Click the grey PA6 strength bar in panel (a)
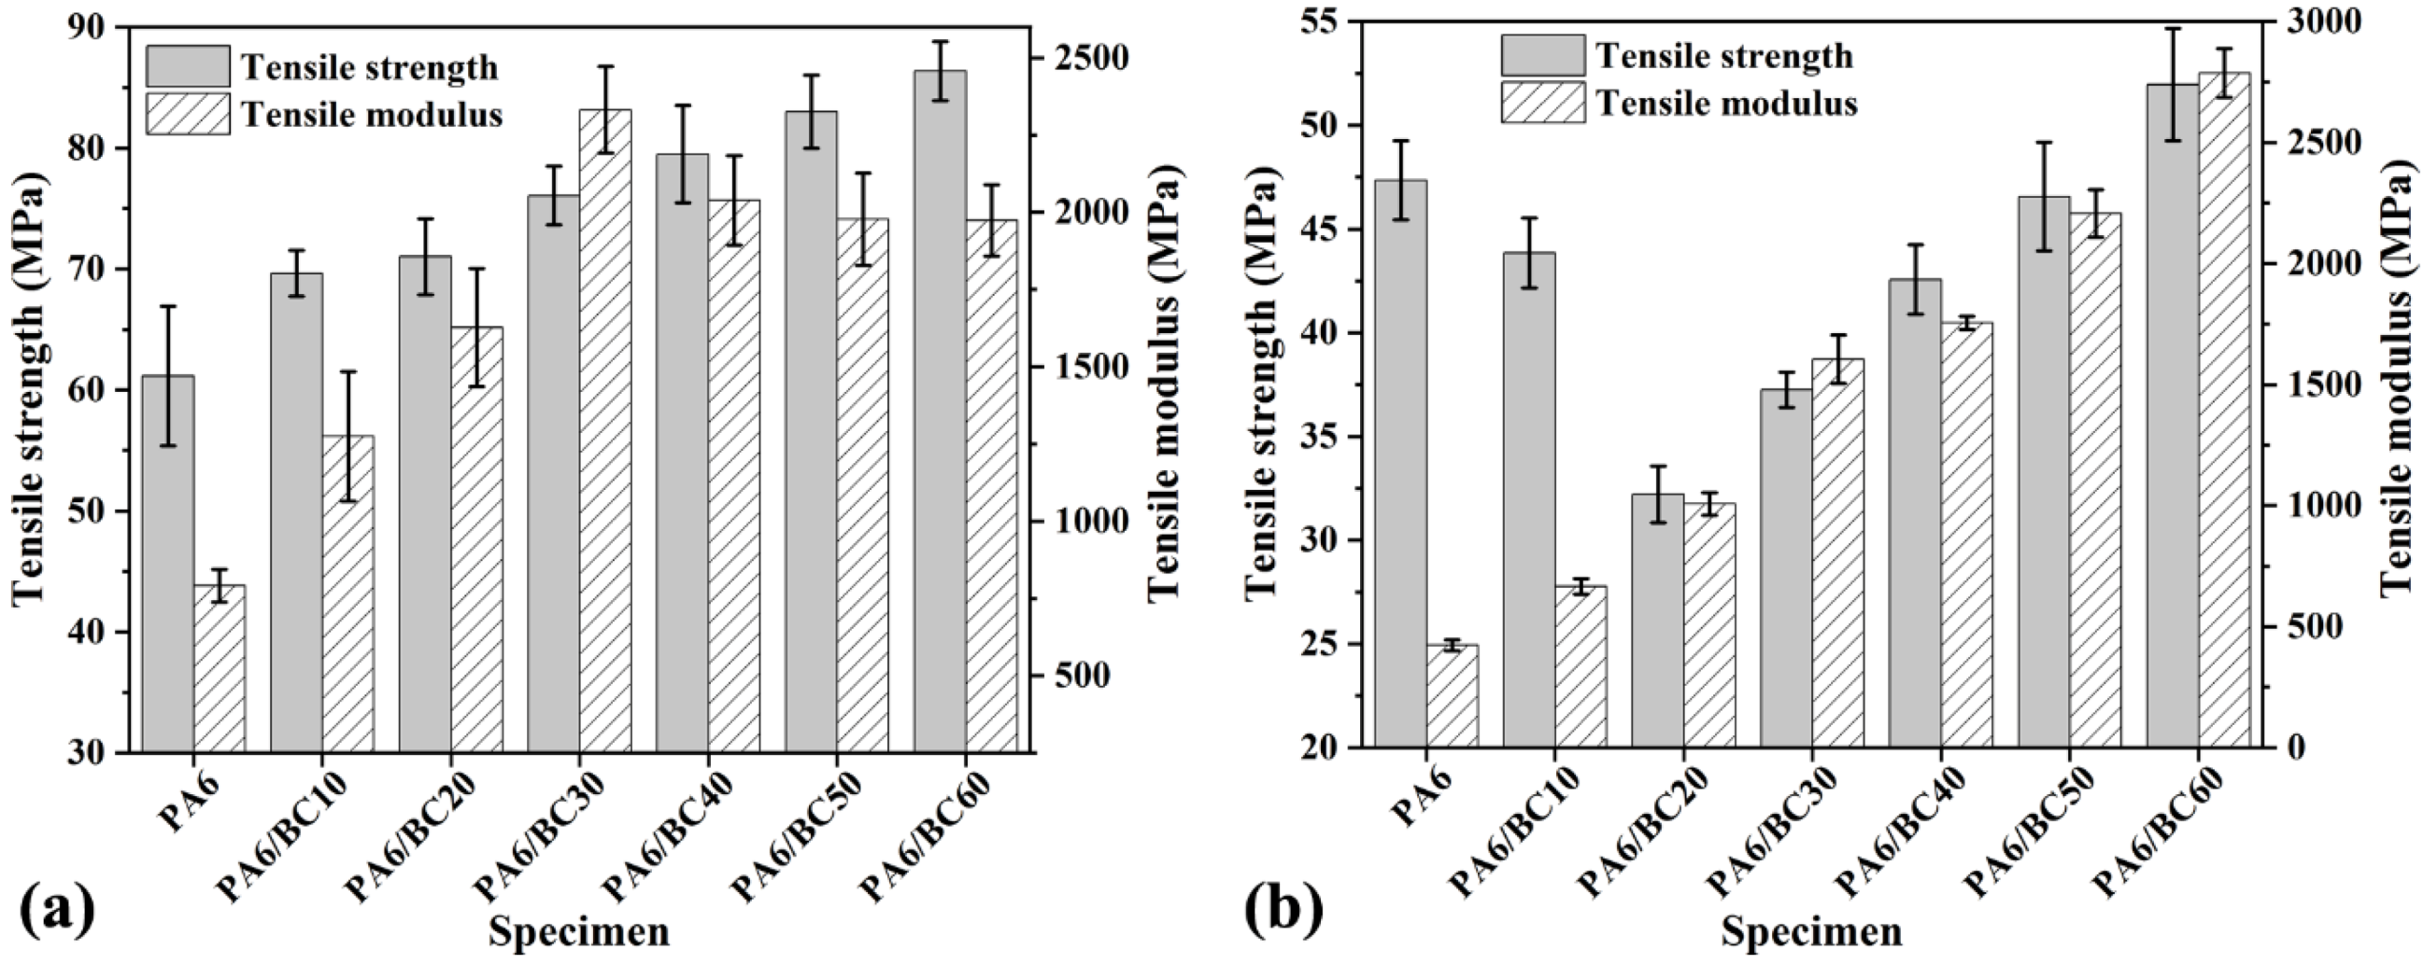pyautogui.click(x=168, y=565)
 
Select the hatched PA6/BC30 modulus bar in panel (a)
pyautogui.click(x=605, y=433)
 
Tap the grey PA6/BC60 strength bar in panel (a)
pyautogui.click(x=939, y=413)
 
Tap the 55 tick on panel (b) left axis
pyautogui.click(x=1326, y=21)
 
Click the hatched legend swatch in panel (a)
pyautogui.click(x=187, y=114)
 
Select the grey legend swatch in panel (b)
pyautogui.click(x=1542, y=55)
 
